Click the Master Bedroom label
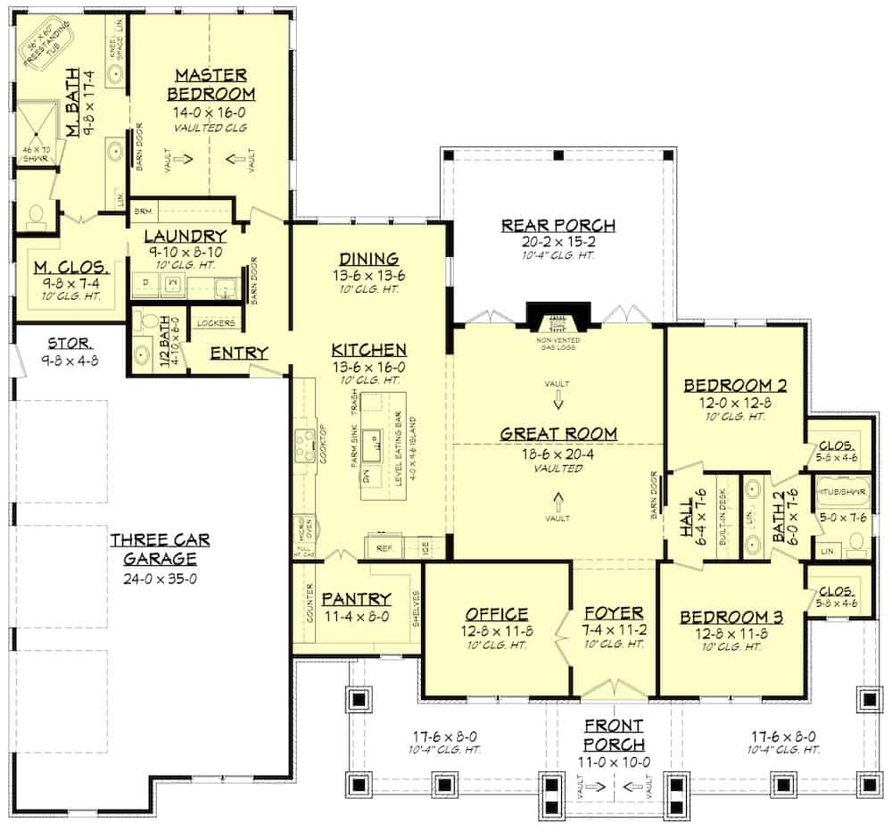coord(211,84)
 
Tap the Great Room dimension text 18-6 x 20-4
coord(557,453)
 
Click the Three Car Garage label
coord(153,550)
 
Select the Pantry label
coord(356,598)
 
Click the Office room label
coord(497,614)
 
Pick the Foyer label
coord(614,613)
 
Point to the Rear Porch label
coord(558,225)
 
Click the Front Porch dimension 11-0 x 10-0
coord(614,761)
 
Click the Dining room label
coord(368,259)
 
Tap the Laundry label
coord(185,236)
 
